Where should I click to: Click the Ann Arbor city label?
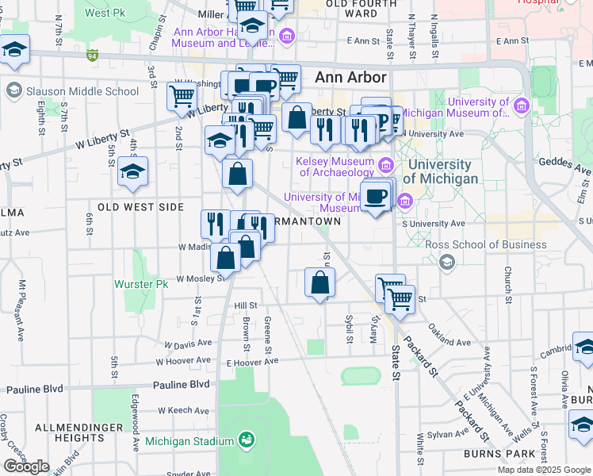(x=350, y=78)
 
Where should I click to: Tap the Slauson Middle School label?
(x=82, y=91)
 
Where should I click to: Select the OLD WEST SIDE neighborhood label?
(x=140, y=207)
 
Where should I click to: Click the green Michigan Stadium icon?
(x=247, y=439)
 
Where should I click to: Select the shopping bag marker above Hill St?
(x=319, y=283)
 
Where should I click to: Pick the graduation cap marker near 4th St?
(x=132, y=171)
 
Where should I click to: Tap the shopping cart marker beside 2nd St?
(x=182, y=97)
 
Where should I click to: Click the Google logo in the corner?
(x=26, y=466)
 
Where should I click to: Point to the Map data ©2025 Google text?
(x=544, y=470)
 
